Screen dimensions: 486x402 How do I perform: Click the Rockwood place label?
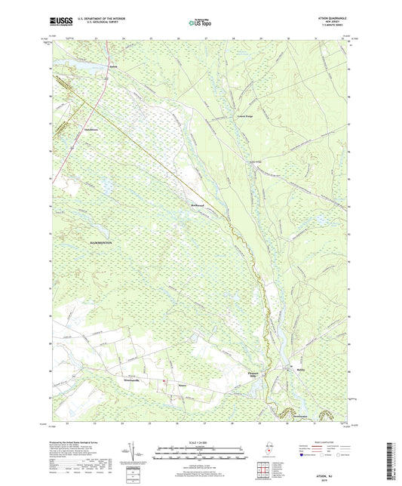pyautogui.click(x=198, y=205)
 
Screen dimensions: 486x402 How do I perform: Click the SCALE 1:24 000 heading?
pyautogui.click(x=200, y=441)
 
